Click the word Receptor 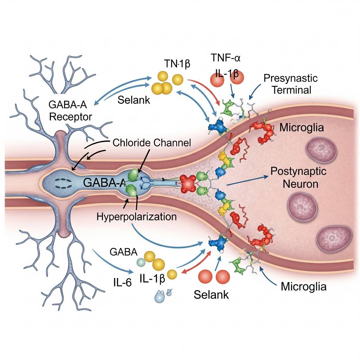click(x=71, y=116)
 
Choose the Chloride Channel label click(x=152, y=143)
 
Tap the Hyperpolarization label click(x=136, y=216)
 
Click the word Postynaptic click(x=298, y=172)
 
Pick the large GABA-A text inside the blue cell click(x=104, y=182)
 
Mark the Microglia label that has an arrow click(x=304, y=286)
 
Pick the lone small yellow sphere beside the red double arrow click(x=172, y=274)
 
